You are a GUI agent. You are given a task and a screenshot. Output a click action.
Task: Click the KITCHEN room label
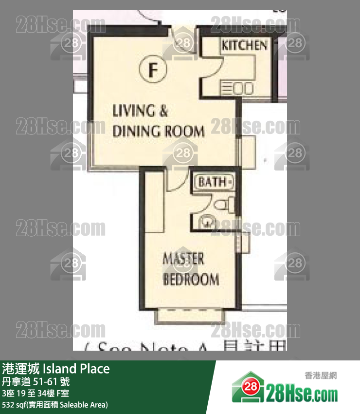pos(244,45)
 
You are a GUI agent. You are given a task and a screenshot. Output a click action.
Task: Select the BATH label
pos(213,182)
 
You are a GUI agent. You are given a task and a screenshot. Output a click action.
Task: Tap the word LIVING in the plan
pos(133,111)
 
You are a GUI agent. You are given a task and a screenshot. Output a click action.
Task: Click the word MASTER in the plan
pos(183,259)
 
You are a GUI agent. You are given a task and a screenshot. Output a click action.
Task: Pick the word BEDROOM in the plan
pos(191,280)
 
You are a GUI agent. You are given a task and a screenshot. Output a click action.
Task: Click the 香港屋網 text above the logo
pos(321,376)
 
